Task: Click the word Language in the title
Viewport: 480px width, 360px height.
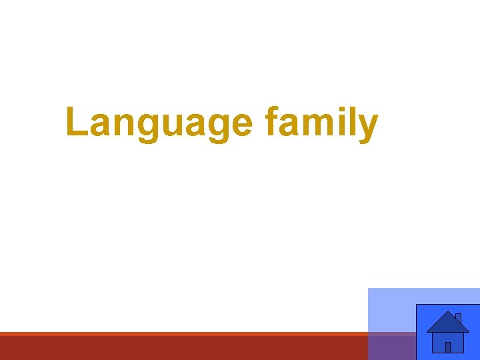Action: click(x=159, y=124)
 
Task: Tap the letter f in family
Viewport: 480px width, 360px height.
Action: click(x=271, y=123)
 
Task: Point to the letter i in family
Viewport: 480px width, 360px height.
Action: click(x=341, y=123)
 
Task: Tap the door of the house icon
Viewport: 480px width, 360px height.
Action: click(x=448, y=347)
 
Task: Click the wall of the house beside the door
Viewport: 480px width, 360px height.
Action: click(x=439, y=342)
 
